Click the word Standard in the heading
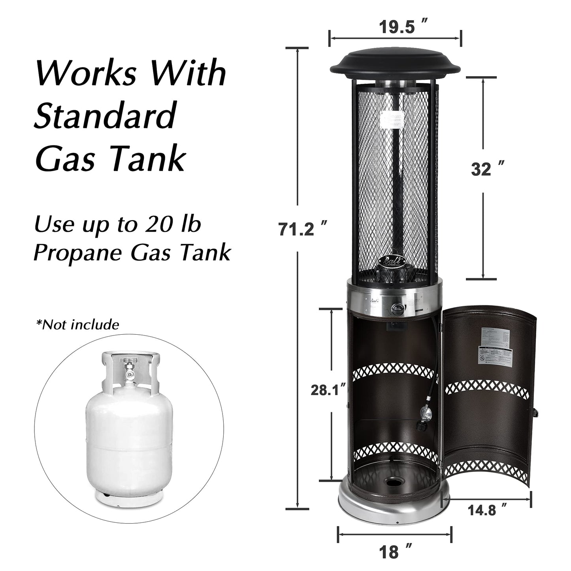click(105, 115)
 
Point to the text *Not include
click(77, 324)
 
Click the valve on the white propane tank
click(129, 367)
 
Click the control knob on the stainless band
click(397, 309)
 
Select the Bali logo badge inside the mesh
click(392, 261)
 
